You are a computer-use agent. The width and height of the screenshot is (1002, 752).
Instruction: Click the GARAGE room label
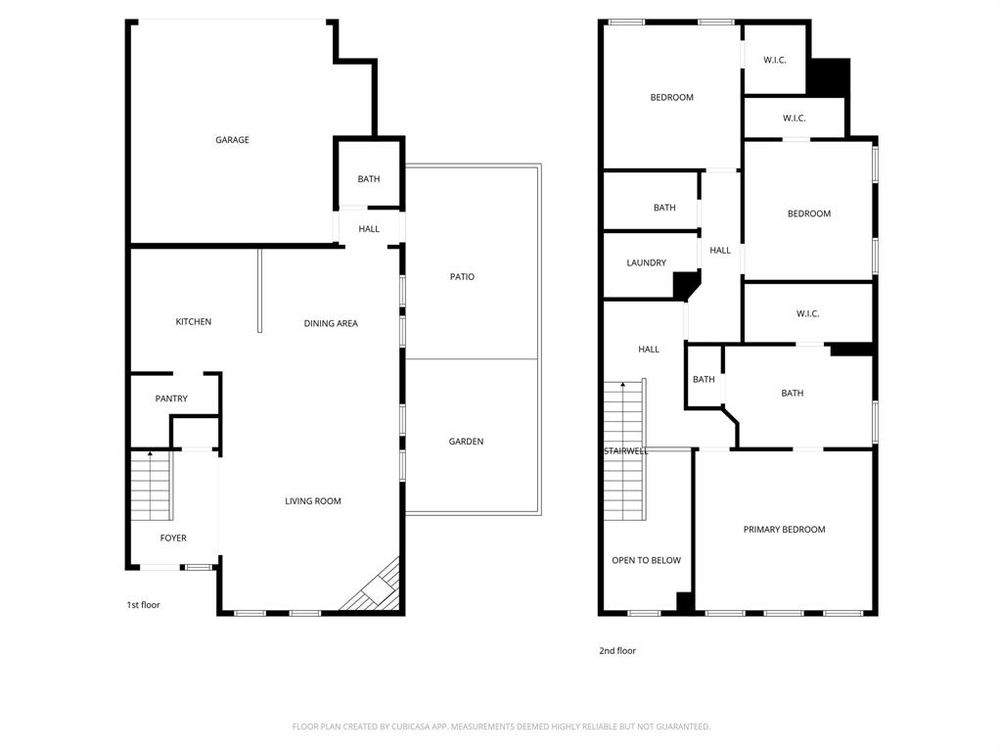point(232,140)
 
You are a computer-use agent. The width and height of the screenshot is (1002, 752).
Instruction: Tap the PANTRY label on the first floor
point(171,399)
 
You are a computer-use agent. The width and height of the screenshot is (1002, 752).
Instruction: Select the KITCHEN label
point(193,322)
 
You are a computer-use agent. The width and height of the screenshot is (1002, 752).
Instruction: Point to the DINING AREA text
point(331,323)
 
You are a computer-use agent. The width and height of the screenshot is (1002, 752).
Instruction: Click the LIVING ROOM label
point(313,501)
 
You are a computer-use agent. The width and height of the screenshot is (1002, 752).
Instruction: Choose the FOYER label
point(173,538)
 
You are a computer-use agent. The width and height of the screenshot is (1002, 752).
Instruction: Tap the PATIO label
point(462,277)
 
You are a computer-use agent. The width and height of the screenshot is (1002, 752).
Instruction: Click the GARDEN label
point(466,442)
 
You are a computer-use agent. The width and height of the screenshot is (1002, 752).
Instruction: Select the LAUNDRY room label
point(646,262)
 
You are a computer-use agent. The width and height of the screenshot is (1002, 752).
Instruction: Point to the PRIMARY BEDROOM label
point(784,530)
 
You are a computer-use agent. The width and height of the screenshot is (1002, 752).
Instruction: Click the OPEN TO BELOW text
point(646,560)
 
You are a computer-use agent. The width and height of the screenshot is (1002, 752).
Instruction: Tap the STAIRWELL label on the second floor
point(626,451)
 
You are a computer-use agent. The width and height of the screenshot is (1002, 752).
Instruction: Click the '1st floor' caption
point(143,605)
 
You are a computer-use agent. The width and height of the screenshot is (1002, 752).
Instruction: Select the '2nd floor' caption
point(617,650)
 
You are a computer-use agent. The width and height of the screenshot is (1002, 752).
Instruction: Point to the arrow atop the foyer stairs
point(150,454)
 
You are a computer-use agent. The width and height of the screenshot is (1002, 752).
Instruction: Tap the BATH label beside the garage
point(368,179)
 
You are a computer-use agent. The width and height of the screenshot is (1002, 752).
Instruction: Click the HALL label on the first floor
point(369,229)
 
